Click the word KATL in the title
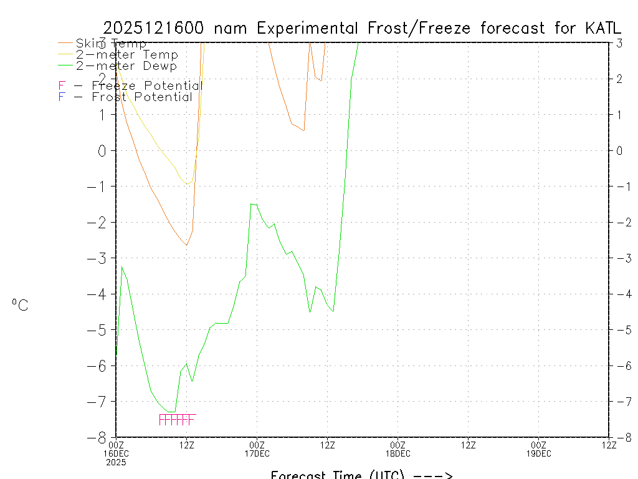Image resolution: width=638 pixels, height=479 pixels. (x=603, y=28)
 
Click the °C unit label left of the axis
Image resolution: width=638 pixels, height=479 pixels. (x=20, y=305)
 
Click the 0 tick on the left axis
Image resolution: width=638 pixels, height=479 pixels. (x=103, y=150)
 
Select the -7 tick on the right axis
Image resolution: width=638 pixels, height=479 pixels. (x=619, y=401)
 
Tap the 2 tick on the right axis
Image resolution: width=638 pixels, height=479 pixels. (x=619, y=79)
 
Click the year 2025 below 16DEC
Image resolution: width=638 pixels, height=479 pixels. (x=116, y=462)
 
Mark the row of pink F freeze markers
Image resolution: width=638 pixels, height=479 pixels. (x=178, y=419)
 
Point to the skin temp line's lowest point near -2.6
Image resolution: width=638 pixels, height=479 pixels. (x=186, y=245)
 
